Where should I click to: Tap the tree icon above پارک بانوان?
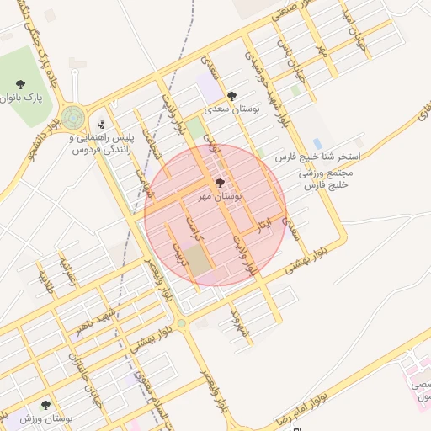tap(20, 84)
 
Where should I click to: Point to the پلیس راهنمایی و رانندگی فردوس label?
tap(102, 143)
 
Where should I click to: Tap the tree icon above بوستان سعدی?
tap(232, 96)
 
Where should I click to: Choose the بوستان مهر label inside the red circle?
tap(221, 195)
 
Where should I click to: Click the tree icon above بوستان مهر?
tap(220, 183)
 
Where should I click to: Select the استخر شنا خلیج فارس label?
tap(317, 157)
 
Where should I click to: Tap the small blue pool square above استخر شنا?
tap(317, 143)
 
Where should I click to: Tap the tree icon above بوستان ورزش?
tap(45, 405)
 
